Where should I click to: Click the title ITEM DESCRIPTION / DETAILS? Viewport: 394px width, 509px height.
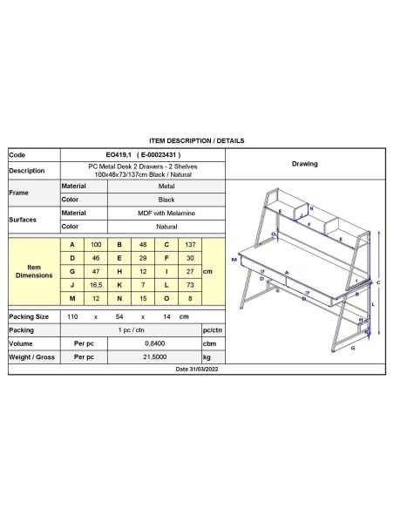pyautogui.click(x=197, y=139)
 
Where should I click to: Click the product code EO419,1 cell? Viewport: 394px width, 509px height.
pyautogui.click(x=142, y=154)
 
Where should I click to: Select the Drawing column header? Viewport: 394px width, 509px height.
pyautogui.click(x=304, y=164)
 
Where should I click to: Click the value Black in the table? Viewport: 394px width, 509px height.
pyautogui.click(x=142, y=200)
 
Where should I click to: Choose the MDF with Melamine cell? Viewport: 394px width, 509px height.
pyautogui.click(x=142, y=213)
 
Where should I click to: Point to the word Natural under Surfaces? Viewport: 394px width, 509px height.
pyautogui.click(x=142, y=227)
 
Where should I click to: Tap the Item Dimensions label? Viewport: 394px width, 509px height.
pyautogui.click(x=34, y=271)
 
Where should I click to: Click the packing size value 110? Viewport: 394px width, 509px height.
pyautogui.click(x=72, y=316)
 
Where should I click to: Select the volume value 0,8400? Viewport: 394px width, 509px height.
pyautogui.click(x=142, y=343)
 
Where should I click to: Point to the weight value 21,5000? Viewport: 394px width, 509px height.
pyautogui.click(x=142, y=357)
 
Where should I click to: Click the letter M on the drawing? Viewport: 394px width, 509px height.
pyautogui.click(x=234, y=260)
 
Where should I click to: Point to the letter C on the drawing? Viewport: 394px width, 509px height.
pyautogui.click(x=377, y=282)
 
